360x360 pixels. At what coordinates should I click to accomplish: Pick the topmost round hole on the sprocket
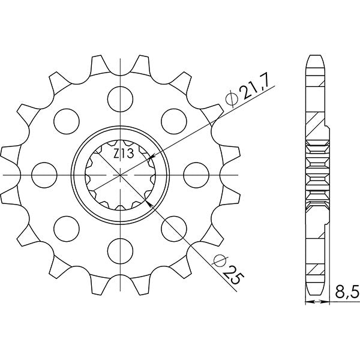coord(121,97)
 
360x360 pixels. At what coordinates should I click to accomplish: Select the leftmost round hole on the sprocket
coord(43,173)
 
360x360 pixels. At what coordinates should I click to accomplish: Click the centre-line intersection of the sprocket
coord(121,173)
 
